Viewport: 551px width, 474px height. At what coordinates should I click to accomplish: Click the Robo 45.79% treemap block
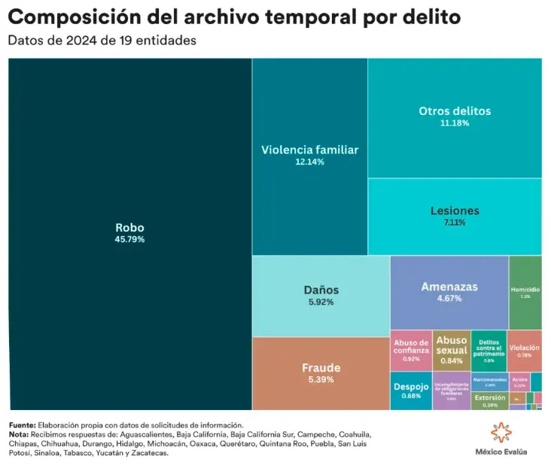(129, 233)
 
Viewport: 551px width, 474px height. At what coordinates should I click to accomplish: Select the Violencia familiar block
(309, 156)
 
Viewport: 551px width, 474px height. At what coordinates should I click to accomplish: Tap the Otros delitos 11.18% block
(454, 117)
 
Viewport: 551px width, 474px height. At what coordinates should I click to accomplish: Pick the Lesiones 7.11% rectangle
(454, 216)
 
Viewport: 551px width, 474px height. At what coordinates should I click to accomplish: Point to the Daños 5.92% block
(321, 295)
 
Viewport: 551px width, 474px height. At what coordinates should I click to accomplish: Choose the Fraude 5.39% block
(321, 372)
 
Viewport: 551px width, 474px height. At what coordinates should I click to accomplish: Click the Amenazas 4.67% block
(449, 292)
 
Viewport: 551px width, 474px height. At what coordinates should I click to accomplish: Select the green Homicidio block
(525, 292)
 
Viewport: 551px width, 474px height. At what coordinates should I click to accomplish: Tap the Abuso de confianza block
(411, 350)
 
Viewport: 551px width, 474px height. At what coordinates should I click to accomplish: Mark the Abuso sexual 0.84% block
(452, 350)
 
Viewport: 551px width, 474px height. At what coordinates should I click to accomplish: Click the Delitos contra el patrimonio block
(489, 350)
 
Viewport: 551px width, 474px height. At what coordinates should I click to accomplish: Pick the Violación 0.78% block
(524, 351)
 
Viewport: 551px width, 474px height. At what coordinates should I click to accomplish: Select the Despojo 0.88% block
(411, 390)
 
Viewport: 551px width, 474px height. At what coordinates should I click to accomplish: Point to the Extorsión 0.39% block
(490, 400)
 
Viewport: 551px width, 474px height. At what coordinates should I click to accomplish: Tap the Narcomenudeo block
(490, 381)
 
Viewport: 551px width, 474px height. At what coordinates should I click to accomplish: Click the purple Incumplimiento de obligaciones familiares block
(452, 390)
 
